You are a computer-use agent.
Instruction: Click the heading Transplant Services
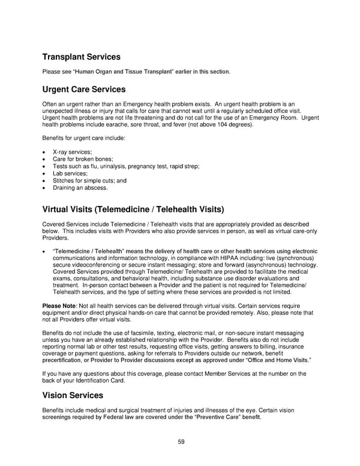81,57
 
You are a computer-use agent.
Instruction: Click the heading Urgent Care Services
83,89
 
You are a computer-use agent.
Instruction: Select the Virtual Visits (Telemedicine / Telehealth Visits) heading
133,210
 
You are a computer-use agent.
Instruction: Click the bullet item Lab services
70,174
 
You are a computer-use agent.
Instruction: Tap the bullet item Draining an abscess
80,188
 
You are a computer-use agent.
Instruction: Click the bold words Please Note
59,306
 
